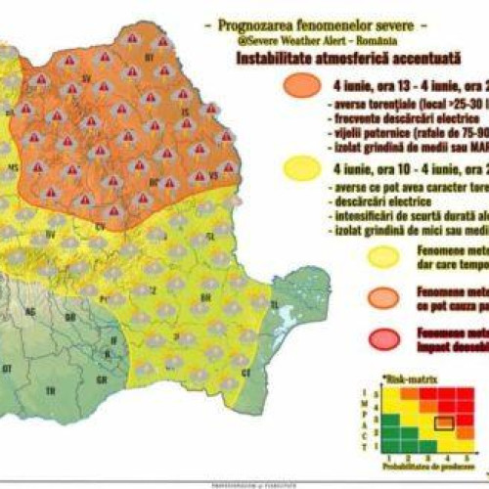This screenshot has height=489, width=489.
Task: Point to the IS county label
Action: (186, 111)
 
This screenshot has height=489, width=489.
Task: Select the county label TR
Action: (50, 388)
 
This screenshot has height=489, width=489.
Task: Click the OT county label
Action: (9, 369)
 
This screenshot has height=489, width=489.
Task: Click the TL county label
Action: (274, 304)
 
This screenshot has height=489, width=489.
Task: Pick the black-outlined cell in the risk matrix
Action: (445, 422)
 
